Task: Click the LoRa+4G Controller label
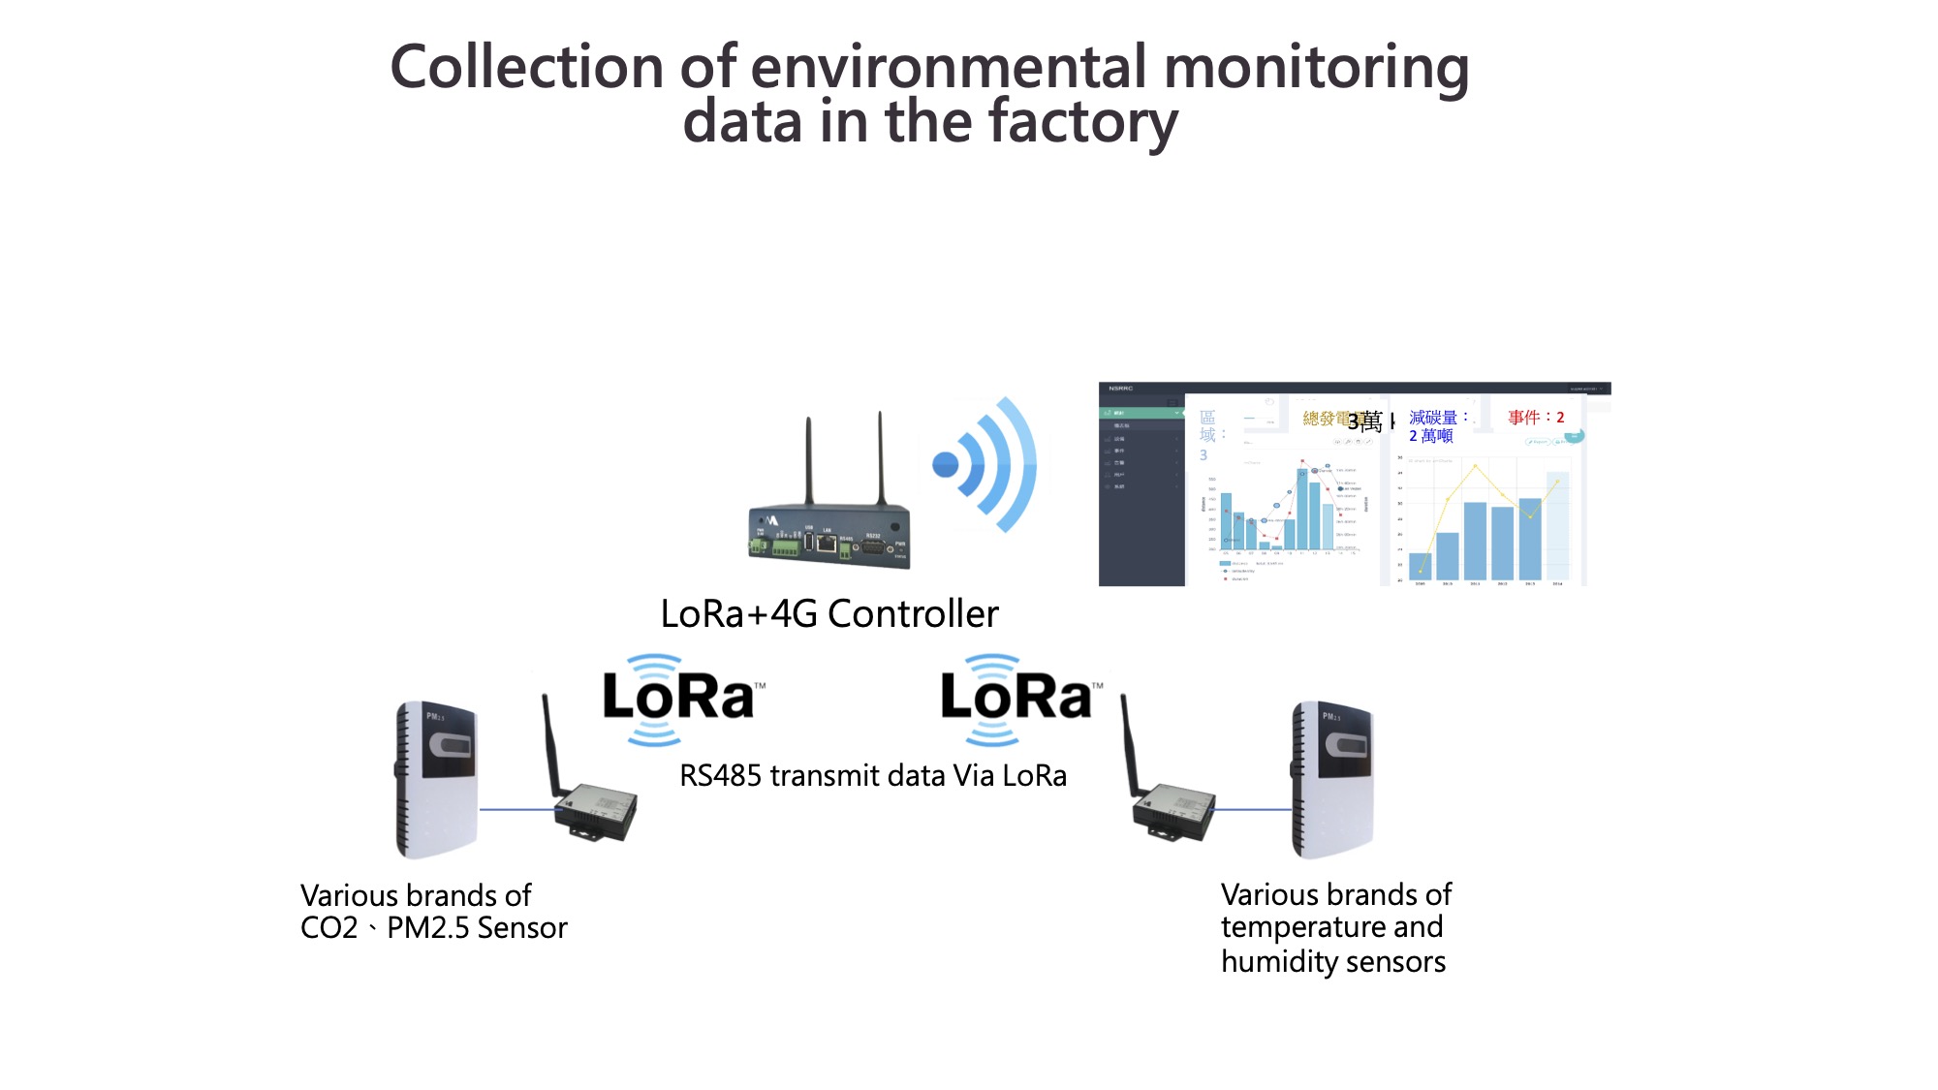tap(829, 614)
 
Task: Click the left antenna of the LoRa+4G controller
tap(808, 460)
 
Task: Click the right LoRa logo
tap(1017, 698)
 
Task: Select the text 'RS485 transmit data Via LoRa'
tap(872, 776)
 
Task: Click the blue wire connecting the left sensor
tap(517, 809)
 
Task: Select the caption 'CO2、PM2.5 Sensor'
tap(433, 928)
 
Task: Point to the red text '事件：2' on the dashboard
tap(1536, 418)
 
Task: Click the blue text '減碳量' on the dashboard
tap(1433, 418)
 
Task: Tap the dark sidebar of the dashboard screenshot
tap(1141, 504)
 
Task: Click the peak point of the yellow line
tap(1476, 466)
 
